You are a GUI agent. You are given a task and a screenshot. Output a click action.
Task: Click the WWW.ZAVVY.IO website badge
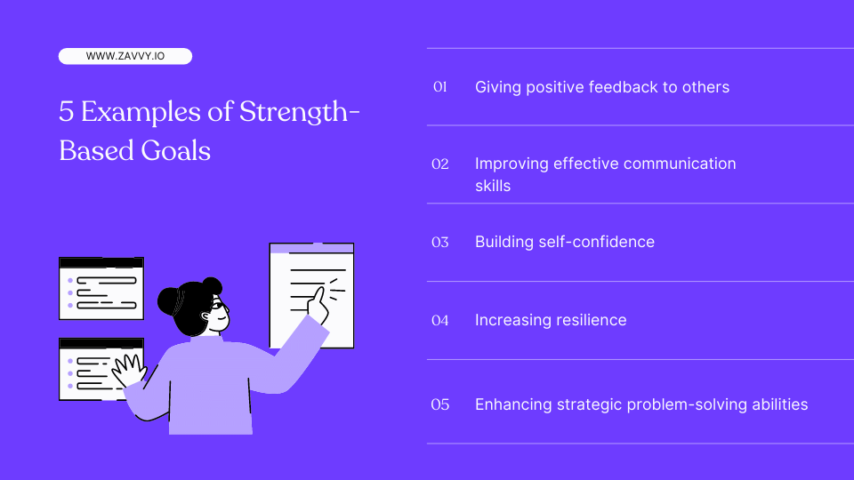coord(125,56)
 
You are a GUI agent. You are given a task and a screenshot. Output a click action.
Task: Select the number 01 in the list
coord(439,87)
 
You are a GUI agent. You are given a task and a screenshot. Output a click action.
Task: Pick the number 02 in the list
coord(439,164)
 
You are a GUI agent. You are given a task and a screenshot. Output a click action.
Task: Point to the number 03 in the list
coord(439,242)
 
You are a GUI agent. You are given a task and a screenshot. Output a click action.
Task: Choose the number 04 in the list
coord(439,320)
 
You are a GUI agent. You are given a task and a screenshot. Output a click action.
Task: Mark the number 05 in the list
coord(439,404)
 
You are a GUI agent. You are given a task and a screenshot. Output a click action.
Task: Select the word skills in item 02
coord(493,186)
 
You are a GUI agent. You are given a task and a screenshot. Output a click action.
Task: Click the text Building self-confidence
coord(564,242)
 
